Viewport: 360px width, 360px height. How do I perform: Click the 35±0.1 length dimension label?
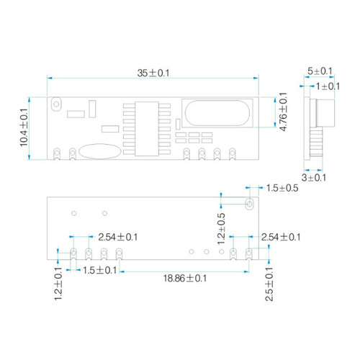[x=153, y=73]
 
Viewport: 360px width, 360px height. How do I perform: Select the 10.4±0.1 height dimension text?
[x=24, y=127]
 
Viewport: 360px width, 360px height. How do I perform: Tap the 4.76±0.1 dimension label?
[x=284, y=112]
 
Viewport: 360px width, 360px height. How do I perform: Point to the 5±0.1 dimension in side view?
[x=320, y=71]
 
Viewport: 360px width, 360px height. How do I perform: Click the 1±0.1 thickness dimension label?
[x=328, y=86]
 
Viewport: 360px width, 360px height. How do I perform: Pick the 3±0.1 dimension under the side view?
[x=314, y=178]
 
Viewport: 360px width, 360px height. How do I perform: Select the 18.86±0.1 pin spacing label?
[x=185, y=279]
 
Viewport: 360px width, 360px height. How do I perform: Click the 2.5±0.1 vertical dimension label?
[x=269, y=284]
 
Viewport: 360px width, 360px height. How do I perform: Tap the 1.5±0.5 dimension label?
[x=282, y=188]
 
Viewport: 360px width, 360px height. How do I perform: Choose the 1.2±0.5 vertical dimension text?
[x=221, y=228]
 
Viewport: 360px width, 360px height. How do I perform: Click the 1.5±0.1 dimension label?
[x=99, y=271]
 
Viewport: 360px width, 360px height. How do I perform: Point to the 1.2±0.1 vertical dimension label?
[x=58, y=284]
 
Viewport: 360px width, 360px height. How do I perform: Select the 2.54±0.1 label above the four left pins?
[x=118, y=238]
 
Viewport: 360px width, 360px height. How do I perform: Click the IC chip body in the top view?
[x=147, y=129]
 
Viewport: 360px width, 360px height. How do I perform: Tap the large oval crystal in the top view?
[x=217, y=113]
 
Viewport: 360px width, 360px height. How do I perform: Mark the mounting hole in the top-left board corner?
[x=56, y=104]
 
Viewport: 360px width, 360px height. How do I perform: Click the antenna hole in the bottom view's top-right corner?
[x=250, y=204]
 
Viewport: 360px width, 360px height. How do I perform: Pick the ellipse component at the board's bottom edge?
[x=100, y=151]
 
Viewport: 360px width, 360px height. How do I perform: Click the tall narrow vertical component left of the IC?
[x=92, y=109]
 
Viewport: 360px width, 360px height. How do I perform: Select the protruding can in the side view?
[x=325, y=113]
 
